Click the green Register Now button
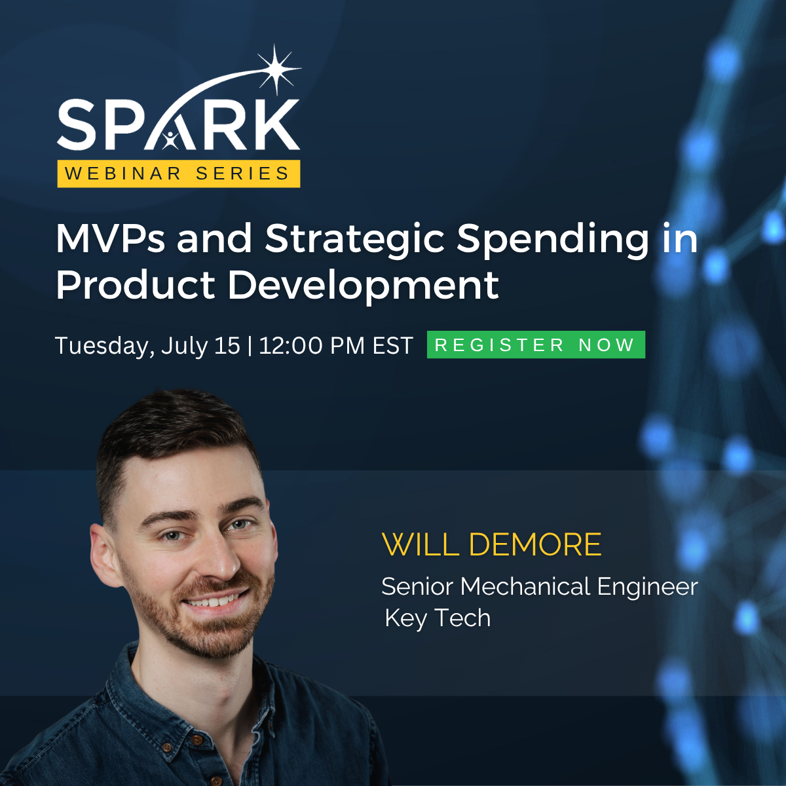[x=536, y=345]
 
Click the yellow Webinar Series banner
[x=178, y=174]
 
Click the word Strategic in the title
[x=354, y=240]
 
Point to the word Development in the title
[x=363, y=286]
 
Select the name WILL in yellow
[x=420, y=545]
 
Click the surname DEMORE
[x=535, y=545]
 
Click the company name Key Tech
[x=438, y=618]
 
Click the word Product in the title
[x=135, y=286]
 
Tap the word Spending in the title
[x=553, y=240]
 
